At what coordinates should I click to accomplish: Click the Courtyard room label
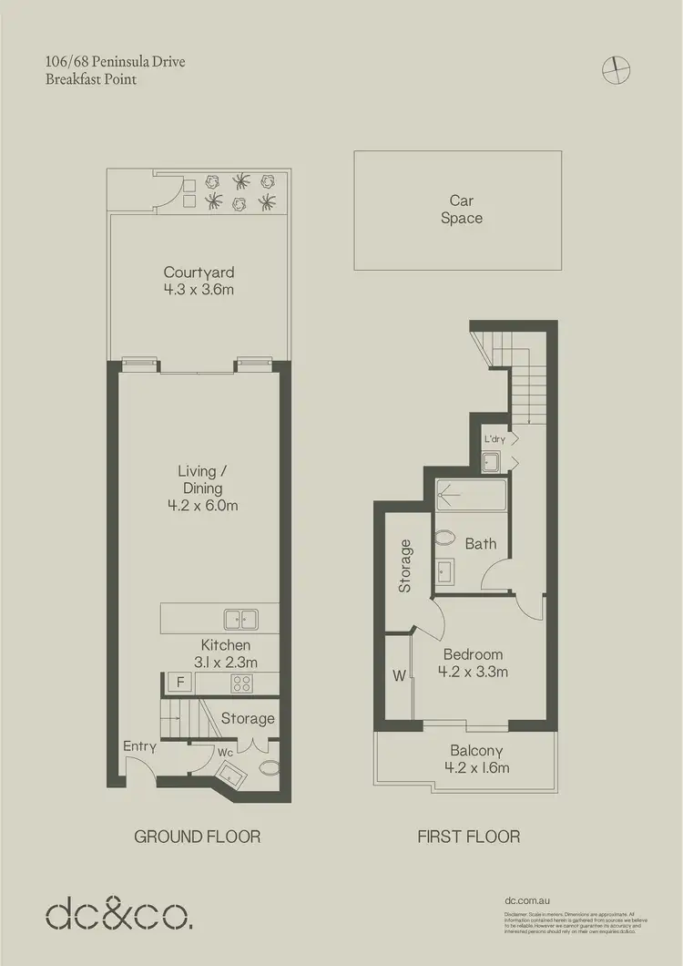click(x=199, y=272)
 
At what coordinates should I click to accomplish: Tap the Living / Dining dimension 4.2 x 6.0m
click(x=198, y=506)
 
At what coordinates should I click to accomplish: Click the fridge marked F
click(x=179, y=682)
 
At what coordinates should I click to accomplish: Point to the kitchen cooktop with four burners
click(x=244, y=682)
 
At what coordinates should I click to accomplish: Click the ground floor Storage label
click(x=248, y=718)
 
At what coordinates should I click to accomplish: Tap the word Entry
click(x=141, y=746)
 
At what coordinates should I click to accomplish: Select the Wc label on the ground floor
click(x=225, y=754)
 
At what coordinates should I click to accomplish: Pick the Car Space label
click(x=461, y=210)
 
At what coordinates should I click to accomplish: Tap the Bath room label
click(x=481, y=544)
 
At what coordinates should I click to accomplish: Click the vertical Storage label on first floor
click(x=405, y=566)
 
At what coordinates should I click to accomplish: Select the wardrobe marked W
click(x=397, y=676)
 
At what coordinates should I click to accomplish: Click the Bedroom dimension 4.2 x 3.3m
click(x=473, y=672)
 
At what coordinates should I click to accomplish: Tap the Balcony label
click(x=476, y=751)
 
